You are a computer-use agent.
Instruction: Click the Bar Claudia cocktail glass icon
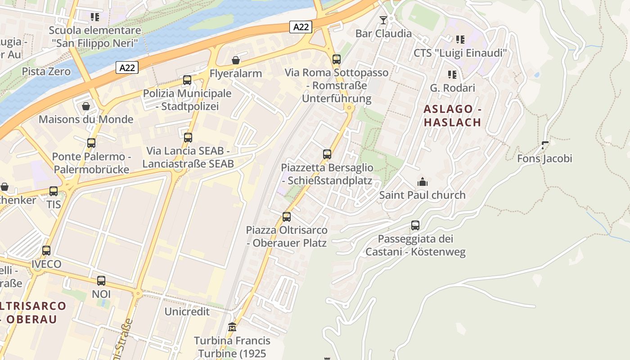click(383, 20)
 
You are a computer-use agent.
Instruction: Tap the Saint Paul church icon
click(422, 182)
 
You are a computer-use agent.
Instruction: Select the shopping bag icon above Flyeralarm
click(235, 60)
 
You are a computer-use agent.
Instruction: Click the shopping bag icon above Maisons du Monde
click(85, 106)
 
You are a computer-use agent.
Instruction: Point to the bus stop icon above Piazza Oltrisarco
click(287, 217)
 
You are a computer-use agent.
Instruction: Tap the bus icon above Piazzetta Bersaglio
click(327, 154)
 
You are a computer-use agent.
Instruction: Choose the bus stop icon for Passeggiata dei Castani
click(415, 225)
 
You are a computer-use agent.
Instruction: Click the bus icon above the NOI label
click(101, 281)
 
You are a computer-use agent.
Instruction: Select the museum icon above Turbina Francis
click(232, 327)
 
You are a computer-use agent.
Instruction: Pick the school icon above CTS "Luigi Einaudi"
click(460, 40)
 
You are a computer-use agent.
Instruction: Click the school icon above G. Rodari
click(452, 74)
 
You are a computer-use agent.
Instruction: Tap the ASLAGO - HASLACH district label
click(453, 115)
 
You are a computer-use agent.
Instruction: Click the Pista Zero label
click(46, 72)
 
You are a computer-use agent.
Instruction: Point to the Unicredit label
click(187, 311)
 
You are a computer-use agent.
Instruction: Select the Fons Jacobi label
click(544, 158)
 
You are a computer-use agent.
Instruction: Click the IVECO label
click(46, 264)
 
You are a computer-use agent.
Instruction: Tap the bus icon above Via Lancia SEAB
click(188, 138)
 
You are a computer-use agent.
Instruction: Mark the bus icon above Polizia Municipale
click(187, 81)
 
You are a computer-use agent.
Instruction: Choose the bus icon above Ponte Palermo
click(91, 143)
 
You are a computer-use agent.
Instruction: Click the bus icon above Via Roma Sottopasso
click(337, 59)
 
